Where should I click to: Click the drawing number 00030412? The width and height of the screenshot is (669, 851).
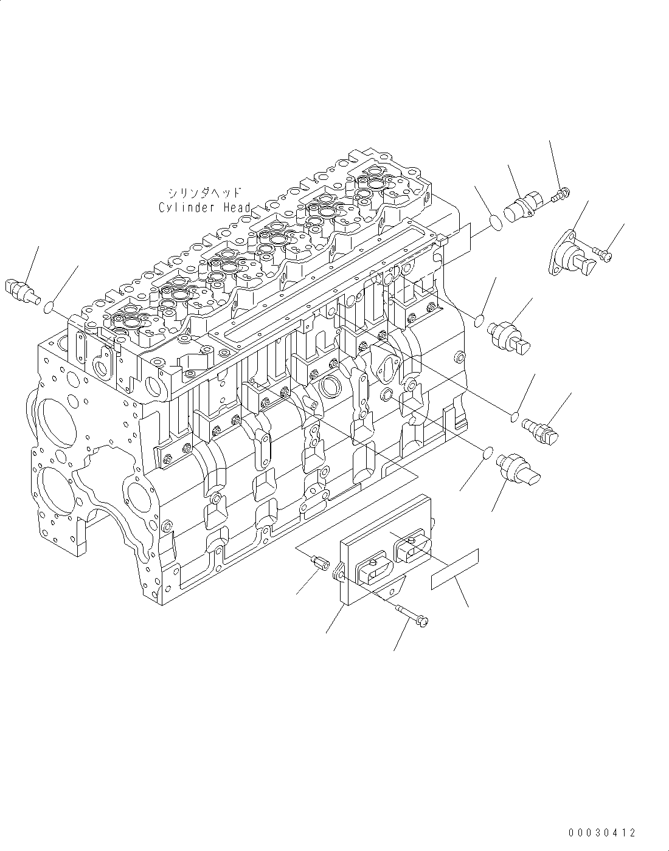point(603,833)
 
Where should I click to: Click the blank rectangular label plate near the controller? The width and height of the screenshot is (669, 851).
point(454,568)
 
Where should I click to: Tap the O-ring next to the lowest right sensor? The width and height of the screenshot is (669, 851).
point(487,453)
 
